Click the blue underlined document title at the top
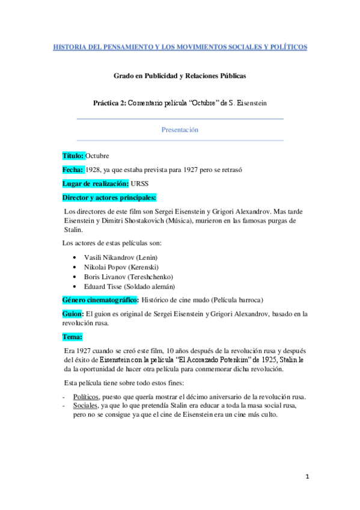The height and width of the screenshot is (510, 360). (180, 46)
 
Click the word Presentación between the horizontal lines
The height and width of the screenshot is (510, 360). (180, 129)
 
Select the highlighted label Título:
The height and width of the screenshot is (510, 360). (73, 156)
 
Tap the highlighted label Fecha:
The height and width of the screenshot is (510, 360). (73, 170)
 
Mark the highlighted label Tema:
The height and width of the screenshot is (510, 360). (72, 337)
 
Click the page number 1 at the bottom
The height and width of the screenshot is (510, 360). (307, 476)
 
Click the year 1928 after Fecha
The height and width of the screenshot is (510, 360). (93, 170)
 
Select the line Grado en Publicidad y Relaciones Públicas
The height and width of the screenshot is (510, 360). (180, 76)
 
